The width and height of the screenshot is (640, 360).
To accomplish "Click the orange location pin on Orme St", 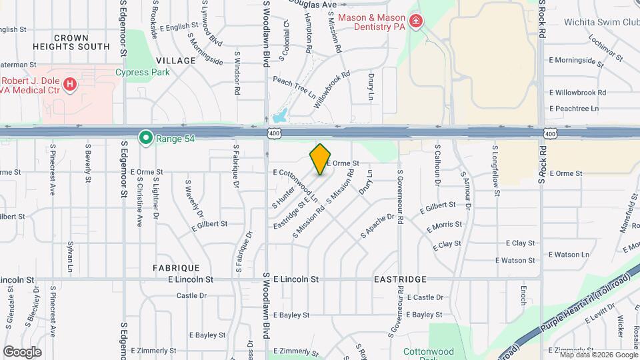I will [x=320, y=159].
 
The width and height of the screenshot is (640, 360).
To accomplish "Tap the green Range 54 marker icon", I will [x=145, y=138].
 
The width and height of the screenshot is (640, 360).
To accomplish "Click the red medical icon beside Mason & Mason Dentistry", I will [x=417, y=22].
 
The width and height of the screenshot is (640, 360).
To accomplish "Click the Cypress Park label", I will [x=143, y=72].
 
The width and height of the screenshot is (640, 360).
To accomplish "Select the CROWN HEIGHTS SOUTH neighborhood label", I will [x=72, y=42].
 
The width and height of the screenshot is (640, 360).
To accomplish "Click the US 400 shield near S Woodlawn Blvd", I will [x=275, y=134].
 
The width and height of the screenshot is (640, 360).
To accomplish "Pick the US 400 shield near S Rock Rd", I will [x=549, y=134].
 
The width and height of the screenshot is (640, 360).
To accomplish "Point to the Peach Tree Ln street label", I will [x=294, y=87].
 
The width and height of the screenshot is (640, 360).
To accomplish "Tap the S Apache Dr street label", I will [x=377, y=225].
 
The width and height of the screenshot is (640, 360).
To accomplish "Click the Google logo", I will [x=22, y=351].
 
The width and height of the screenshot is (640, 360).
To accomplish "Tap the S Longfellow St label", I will [x=495, y=171].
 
